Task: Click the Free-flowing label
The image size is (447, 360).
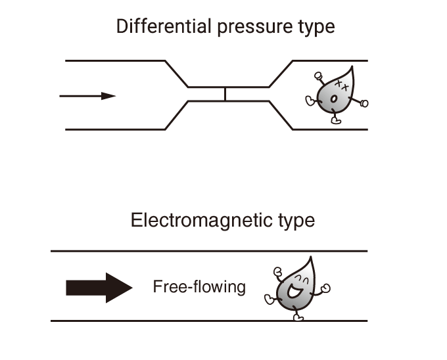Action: (x=199, y=286)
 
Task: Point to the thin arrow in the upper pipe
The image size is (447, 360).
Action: (x=87, y=96)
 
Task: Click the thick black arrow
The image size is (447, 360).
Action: (x=99, y=287)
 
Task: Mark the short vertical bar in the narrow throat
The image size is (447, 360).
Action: (x=225, y=94)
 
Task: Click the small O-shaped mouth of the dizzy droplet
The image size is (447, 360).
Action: (x=333, y=99)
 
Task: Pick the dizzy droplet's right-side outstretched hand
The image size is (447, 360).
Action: (x=364, y=103)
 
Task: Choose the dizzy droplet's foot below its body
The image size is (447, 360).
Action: (x=336, y=121)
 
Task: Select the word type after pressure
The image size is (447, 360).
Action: (x=312, y=27)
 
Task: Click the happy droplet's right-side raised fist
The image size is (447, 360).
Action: (x=325, y=288)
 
